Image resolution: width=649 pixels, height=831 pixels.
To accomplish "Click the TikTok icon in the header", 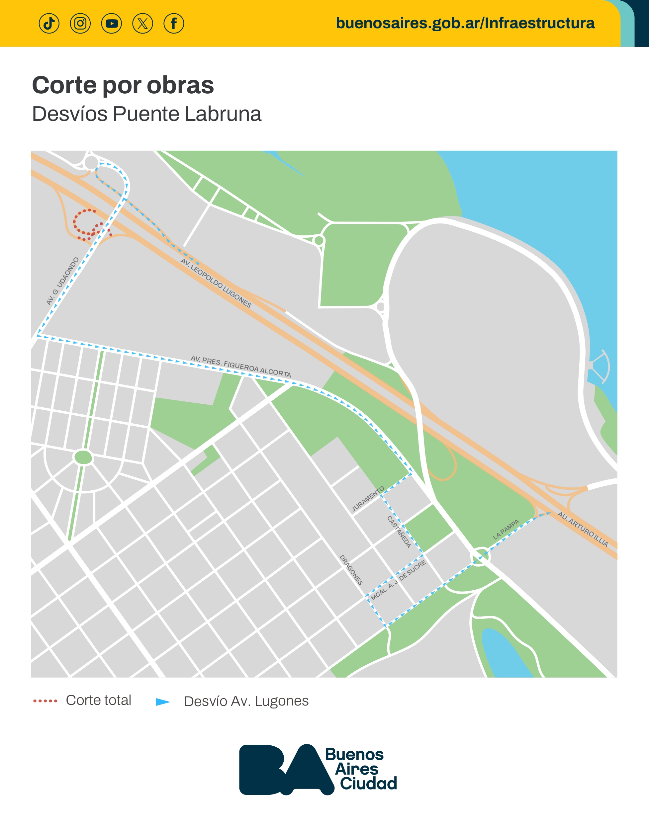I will [x=49, y=24].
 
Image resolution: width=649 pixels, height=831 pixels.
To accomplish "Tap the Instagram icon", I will [x=80, y=24].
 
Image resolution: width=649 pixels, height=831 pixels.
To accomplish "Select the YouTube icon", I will [x=112, y=24].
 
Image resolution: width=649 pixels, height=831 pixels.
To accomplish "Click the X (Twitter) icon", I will [x=143, y=24].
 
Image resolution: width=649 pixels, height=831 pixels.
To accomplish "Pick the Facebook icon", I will [x=174, y=24].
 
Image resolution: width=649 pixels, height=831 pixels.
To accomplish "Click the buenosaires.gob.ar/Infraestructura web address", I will [x=465, y=23].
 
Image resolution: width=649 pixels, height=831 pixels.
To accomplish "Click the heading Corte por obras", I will [x=123, y=85].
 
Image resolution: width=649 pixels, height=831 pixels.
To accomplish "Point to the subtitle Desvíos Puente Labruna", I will [x=146, y=114].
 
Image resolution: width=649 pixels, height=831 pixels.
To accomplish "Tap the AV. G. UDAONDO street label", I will [x=62, y=281].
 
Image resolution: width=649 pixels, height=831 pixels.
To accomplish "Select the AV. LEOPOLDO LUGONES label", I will [x=216, y=283].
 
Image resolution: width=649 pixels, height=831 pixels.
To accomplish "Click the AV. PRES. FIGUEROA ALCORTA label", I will [x=241, y=367].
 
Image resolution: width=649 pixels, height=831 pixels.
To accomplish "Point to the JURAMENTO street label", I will [x=368, y=499].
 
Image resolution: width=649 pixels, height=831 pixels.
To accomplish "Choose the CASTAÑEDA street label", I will [x=399, y=532].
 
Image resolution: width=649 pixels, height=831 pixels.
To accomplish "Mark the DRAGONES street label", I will [x=351, y=570].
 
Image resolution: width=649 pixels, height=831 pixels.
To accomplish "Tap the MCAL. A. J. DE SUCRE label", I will [x=399, y=580].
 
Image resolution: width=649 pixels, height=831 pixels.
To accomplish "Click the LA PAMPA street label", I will [x=506, y=529].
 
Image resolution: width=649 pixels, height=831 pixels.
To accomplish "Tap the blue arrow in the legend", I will [x=163, y=702].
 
